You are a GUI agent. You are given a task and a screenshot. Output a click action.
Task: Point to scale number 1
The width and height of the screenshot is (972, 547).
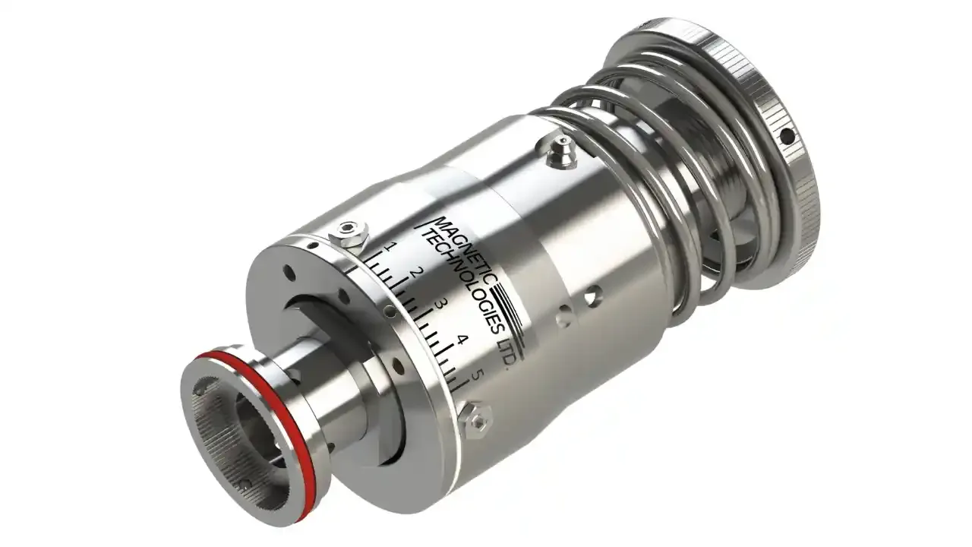[391, 247]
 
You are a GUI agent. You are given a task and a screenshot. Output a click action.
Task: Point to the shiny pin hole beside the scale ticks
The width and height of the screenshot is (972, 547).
[389, 310]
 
